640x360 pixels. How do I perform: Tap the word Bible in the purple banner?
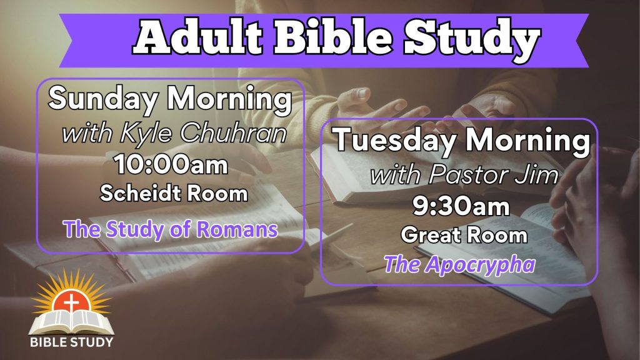334,37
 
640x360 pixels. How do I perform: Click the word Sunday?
103,99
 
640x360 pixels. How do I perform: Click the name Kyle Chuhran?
203,134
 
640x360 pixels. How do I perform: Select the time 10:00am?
171,164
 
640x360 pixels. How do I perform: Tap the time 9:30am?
461,206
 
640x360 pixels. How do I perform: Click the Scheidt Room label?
174,192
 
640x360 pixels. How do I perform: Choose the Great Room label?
464,235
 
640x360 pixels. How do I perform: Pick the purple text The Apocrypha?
459,265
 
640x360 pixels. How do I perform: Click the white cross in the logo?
72,304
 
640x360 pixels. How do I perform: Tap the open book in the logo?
71,322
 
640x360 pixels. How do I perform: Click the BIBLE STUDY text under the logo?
71,342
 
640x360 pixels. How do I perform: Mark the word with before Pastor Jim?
396,175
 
